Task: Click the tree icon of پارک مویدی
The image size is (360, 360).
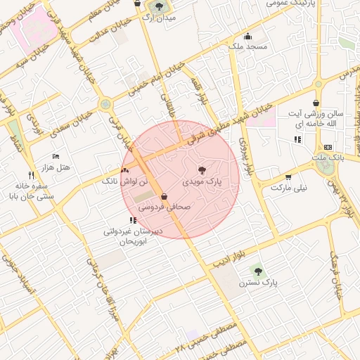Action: (x=202, y=170)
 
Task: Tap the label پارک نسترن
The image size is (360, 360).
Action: (x=259, y=283)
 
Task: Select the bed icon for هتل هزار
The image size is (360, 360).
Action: (x=56, y=156)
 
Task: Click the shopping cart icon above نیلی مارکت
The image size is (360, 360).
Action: (x=288, y=177)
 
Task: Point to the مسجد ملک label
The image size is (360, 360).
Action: (x=247, y=46)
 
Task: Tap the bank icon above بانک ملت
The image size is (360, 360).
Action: (x=328, y=147)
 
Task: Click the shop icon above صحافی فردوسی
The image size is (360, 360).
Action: (x=164, y=197)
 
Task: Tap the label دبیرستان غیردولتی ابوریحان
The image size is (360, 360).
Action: (x=134, y=236)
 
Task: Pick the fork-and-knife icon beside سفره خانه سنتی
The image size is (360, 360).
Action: (x=30, y=174)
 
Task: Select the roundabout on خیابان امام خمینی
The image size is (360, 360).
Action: (x=105, y=104)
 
